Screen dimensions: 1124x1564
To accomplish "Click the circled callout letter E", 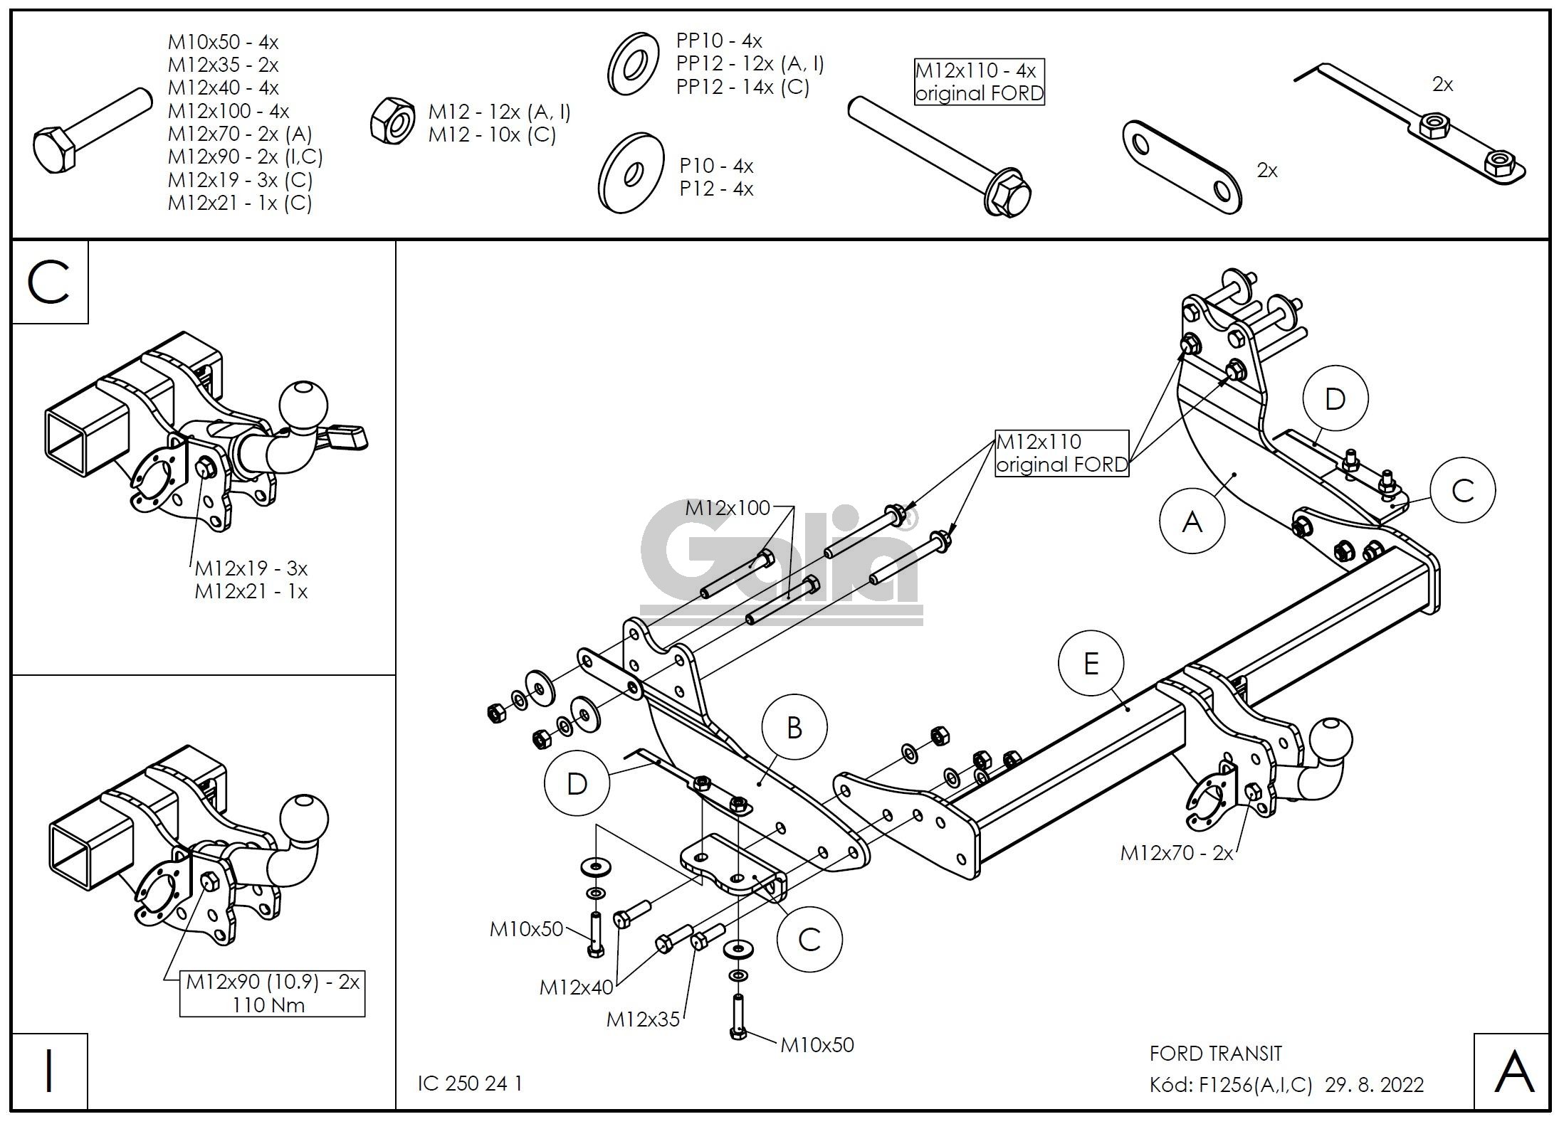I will pyautogui.click(x=1091, y=664).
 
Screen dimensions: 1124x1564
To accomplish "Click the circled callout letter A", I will pyautogui.click(x=1192, y=522).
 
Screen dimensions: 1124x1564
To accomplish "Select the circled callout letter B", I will pyautogui.click(x=794, y=728).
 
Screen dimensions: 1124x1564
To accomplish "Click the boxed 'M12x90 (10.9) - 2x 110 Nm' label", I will pyautogui.click(x=272, y=994).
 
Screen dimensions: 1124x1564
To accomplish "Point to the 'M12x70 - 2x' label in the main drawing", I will pyautogui.click(x=1176, y=853).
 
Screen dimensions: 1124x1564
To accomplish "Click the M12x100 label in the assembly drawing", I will pyautogui.click(x=727, y=508).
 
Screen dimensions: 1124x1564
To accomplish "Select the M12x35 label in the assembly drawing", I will pyautogui.click(x=642, y=1019).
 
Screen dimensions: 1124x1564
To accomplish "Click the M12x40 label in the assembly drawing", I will pyautogui.click(x=575, y=987).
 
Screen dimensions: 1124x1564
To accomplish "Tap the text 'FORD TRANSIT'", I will pyautogui.click(x=1215, y=1053).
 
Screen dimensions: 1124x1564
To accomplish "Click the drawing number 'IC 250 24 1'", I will pyautogui.click(x=470, y=1083).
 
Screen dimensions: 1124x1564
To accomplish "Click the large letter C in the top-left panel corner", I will pyautogui.click(x=48, y=282).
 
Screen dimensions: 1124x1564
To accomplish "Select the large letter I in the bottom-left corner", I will pyautogui.click(x=48, y=1071).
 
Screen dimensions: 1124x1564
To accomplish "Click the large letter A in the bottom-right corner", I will pyautogui.click(x=1513, y=1072).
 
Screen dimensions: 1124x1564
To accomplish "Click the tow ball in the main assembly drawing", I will pyautogui.click(x=1330, y=739).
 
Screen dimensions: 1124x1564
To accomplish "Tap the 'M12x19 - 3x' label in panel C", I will pyautogui.click(x=251, y=568).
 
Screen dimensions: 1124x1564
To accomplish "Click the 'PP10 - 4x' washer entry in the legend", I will pyautogui.click(x=719, y=41).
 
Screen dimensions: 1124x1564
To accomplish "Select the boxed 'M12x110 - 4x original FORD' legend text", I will pyautogui.click(x=979, y=82).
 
